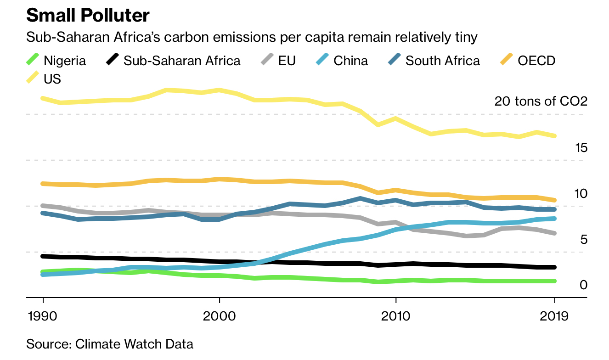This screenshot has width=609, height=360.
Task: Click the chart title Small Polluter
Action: click(x=88, y=16)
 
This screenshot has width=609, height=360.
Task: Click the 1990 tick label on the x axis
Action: click(x=43, y=316)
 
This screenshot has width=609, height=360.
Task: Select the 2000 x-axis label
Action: click(x=220, y=316)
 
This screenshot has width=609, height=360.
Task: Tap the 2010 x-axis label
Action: click(x=395, y=316)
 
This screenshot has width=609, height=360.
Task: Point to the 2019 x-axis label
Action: click(x=555, y=316)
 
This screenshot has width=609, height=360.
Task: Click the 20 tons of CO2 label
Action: click(x=541, y=101)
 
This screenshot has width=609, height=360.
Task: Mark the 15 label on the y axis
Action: click(x=581, y=148)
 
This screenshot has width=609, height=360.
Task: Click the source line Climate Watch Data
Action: click(x=110, y=344)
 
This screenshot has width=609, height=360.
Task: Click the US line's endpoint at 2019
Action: click(x=555, y=136)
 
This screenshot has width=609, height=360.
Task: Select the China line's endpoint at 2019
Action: click(x=555, y=219)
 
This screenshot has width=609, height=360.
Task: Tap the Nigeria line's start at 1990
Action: click(x=43, y=272)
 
